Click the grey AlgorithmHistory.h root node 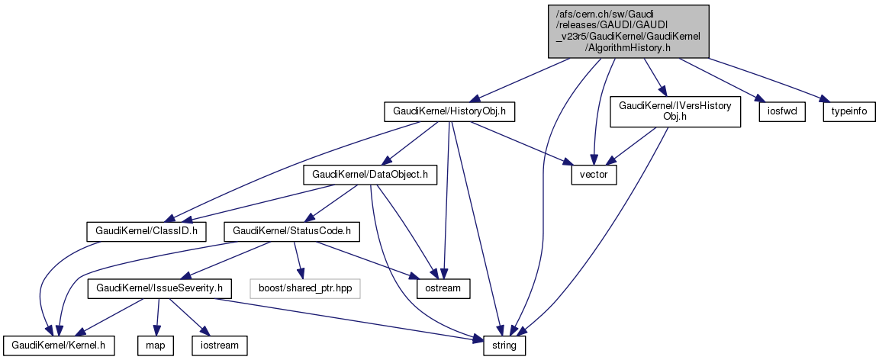tap(628, 31)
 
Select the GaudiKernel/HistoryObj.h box tap(449, 112)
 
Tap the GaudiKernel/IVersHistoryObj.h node tap(675, 111)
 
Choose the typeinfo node tap(848, 112)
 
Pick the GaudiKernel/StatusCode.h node tap(291, 230)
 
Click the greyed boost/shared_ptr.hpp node tap(304, 288)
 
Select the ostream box tap(443, 288)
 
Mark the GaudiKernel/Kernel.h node tap(59, 346)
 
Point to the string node tap(504, 346)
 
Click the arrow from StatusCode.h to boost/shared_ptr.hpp tap(299, 259)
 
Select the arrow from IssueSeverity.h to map tap(158, 317)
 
